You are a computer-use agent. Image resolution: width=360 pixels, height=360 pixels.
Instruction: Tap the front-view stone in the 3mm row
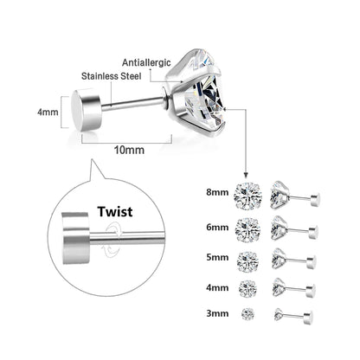[x=248, y=312]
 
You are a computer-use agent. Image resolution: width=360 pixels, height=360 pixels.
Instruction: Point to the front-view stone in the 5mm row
[x=248, y=259]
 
